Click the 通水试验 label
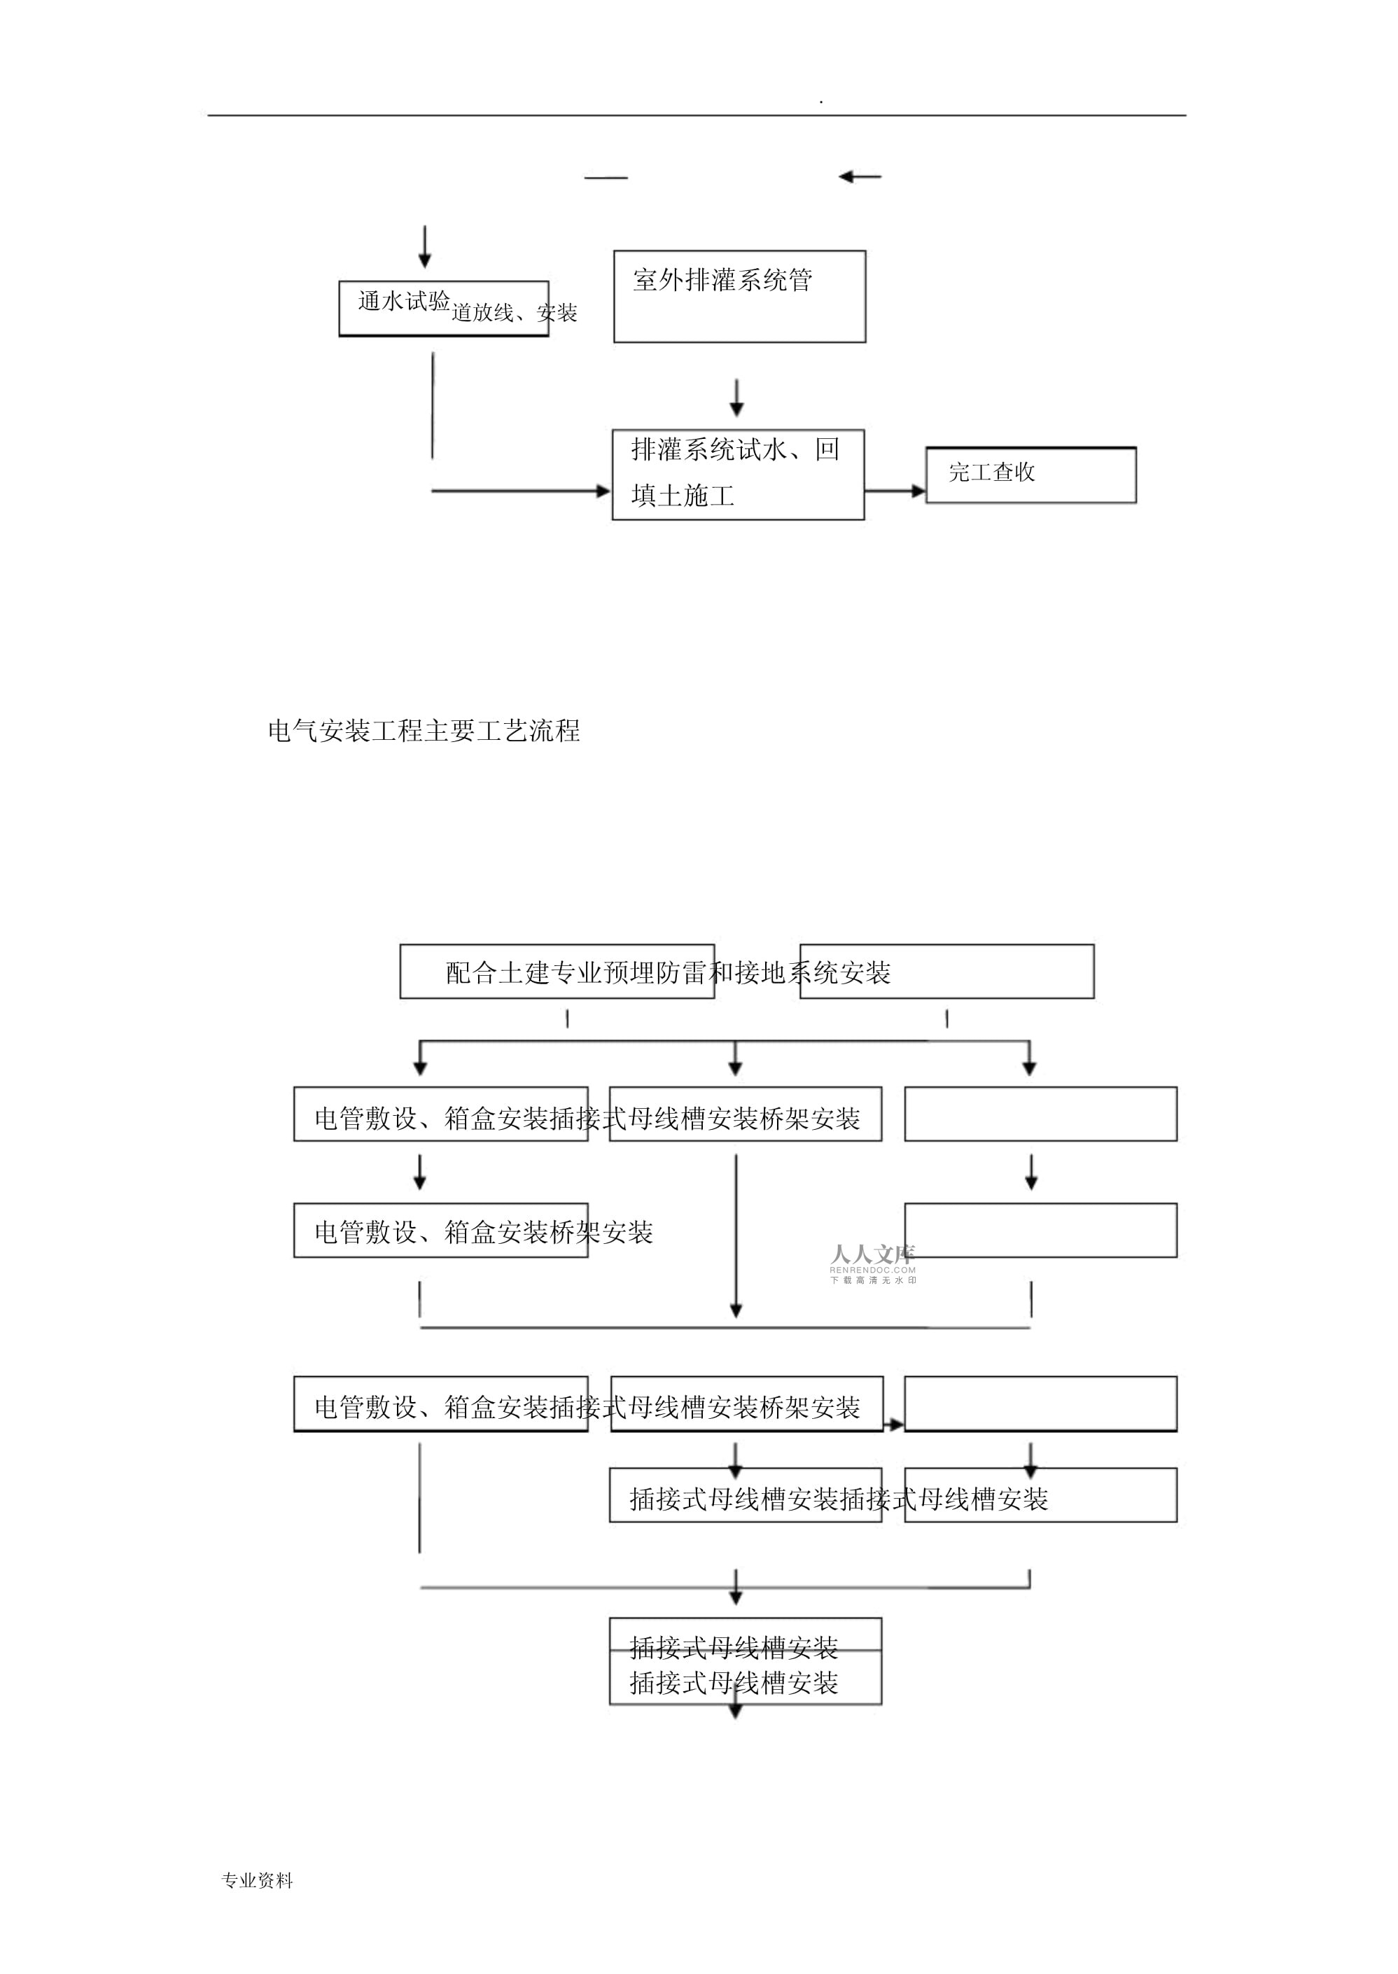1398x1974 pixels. click(404, 301)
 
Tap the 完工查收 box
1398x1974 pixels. click(1030, 475)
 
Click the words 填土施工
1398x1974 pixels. click(682, 496)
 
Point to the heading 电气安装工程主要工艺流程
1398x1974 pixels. click(424, 731)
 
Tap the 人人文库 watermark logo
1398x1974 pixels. click(872, 1254)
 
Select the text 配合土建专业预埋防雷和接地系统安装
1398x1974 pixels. click(668, 973)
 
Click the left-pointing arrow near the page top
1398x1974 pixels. click(859, 177)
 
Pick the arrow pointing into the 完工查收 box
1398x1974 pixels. click(895, 491)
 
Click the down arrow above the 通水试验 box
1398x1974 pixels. click(424, 247)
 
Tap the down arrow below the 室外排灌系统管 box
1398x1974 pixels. click(736, 398)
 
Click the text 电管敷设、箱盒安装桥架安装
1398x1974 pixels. click(483, 1232)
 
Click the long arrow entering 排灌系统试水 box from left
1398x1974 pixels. click(520, 491)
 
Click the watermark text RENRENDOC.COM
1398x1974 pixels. click(872, 1270)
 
